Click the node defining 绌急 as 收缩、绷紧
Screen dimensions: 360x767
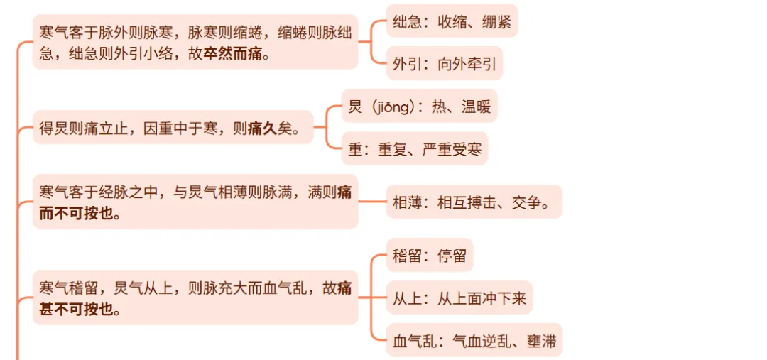[452, 21]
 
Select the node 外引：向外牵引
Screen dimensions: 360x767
[444, 64]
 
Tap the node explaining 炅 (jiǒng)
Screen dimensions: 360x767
[419, 107]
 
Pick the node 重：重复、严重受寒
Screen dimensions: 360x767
[415, 149]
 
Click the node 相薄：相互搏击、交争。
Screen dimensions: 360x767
[474, 202]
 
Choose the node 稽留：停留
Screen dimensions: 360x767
[430, 256]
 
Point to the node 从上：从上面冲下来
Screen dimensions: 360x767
[459, 298]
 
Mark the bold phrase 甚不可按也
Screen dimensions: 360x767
[80, 310]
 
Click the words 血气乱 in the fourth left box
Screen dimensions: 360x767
[291, 288]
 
